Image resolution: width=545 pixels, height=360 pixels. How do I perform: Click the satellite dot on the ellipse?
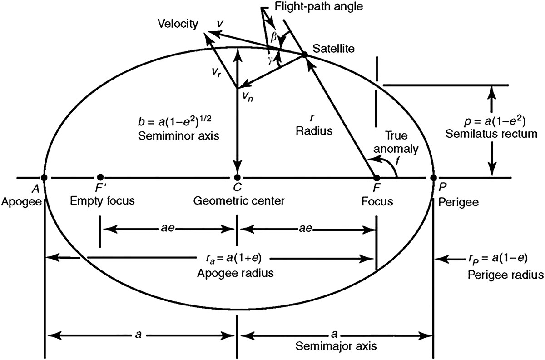(x=304, y=55)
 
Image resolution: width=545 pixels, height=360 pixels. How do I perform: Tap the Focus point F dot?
(x=376, y=177)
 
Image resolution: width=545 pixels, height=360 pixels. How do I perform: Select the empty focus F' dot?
(x=100, y=177)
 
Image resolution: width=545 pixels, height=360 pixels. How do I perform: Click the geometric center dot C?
(x=237, y=177)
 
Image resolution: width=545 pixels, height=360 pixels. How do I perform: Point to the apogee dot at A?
(x=44, y=177)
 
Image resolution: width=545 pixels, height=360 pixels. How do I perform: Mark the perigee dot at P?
(x=433, y=177)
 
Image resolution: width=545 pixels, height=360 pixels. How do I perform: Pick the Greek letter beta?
(x=274, y=38)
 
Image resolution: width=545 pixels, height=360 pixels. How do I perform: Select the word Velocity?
(x=177, y=24)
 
